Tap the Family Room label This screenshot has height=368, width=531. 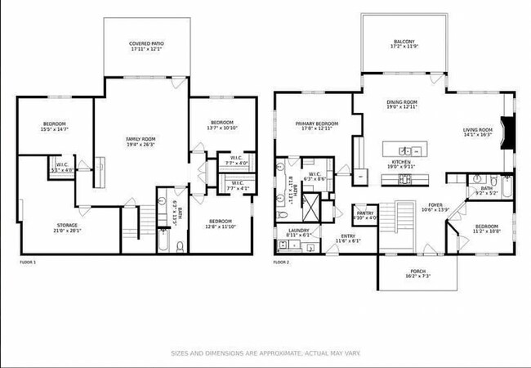(141, 139)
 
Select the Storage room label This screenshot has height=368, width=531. (67, 225)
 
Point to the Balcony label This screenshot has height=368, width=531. (404, 42)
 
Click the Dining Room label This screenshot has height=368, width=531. (402, 101)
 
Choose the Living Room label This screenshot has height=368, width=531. (477, 129)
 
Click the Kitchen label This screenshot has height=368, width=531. (400, 162)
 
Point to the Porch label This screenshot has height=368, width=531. (417, 271)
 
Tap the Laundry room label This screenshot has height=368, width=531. (300, 231)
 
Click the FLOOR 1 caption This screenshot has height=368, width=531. (28, 262)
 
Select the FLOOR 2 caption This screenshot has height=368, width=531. (281, 262)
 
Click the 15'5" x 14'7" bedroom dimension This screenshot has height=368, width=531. (56, 129)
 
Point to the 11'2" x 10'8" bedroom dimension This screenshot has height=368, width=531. (486, 231)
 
